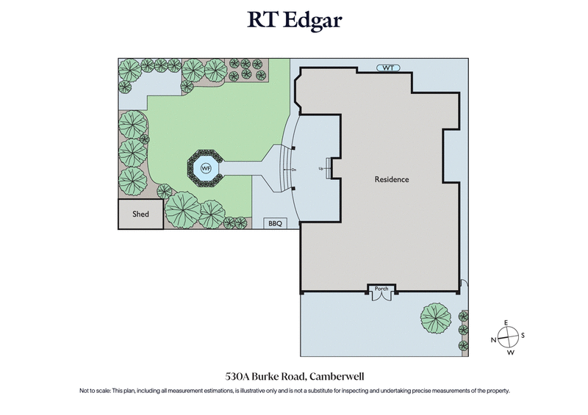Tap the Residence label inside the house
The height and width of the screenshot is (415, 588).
[x=392, y=179]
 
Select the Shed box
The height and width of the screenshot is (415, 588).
[x=140, y=214]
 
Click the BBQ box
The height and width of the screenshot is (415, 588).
[x=275, y=223]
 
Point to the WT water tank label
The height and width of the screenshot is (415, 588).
[x=388, y=68]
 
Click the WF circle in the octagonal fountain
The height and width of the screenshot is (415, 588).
[x=206, y=168]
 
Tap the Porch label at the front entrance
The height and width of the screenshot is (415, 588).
[x=381, y=289]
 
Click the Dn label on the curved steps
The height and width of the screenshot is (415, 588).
[x=293, y=170]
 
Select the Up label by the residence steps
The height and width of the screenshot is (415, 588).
[x=320, y=168]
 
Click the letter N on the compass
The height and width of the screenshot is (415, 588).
[x=492, y=339]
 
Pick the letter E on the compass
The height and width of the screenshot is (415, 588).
[x=506, y=324]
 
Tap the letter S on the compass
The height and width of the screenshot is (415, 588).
[x=522, y=336]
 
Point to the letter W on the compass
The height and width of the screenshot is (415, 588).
[x=509, y=353]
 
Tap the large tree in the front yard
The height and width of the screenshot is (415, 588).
[x=435, y=318]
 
